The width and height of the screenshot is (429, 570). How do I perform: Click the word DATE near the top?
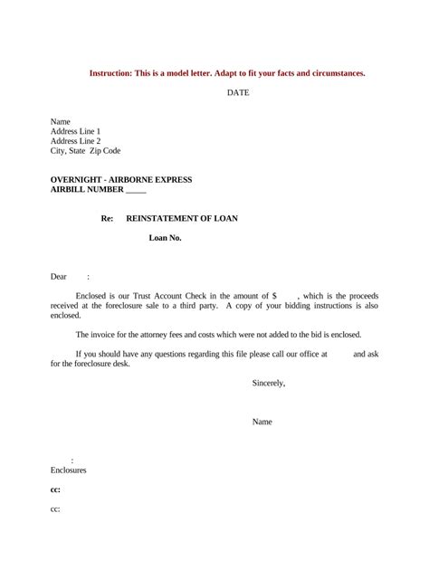(x=237, y=92)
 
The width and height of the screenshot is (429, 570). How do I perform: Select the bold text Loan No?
(x=166, y=239)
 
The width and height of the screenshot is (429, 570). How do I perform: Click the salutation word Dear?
(x=59, y=277)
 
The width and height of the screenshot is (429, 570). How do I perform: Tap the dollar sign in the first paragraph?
(x=274, y=296)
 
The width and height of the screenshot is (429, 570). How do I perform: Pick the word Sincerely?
(x=269, y=383)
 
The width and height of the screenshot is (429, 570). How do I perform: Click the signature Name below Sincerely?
(x=262, y=422)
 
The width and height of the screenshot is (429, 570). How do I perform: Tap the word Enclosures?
(x=68, y=470)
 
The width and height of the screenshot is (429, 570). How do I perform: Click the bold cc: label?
(x=55, y=489)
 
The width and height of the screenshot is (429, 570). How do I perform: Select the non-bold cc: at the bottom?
(x=55, y=509)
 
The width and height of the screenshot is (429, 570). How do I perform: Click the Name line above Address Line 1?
(x=61, y=121)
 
